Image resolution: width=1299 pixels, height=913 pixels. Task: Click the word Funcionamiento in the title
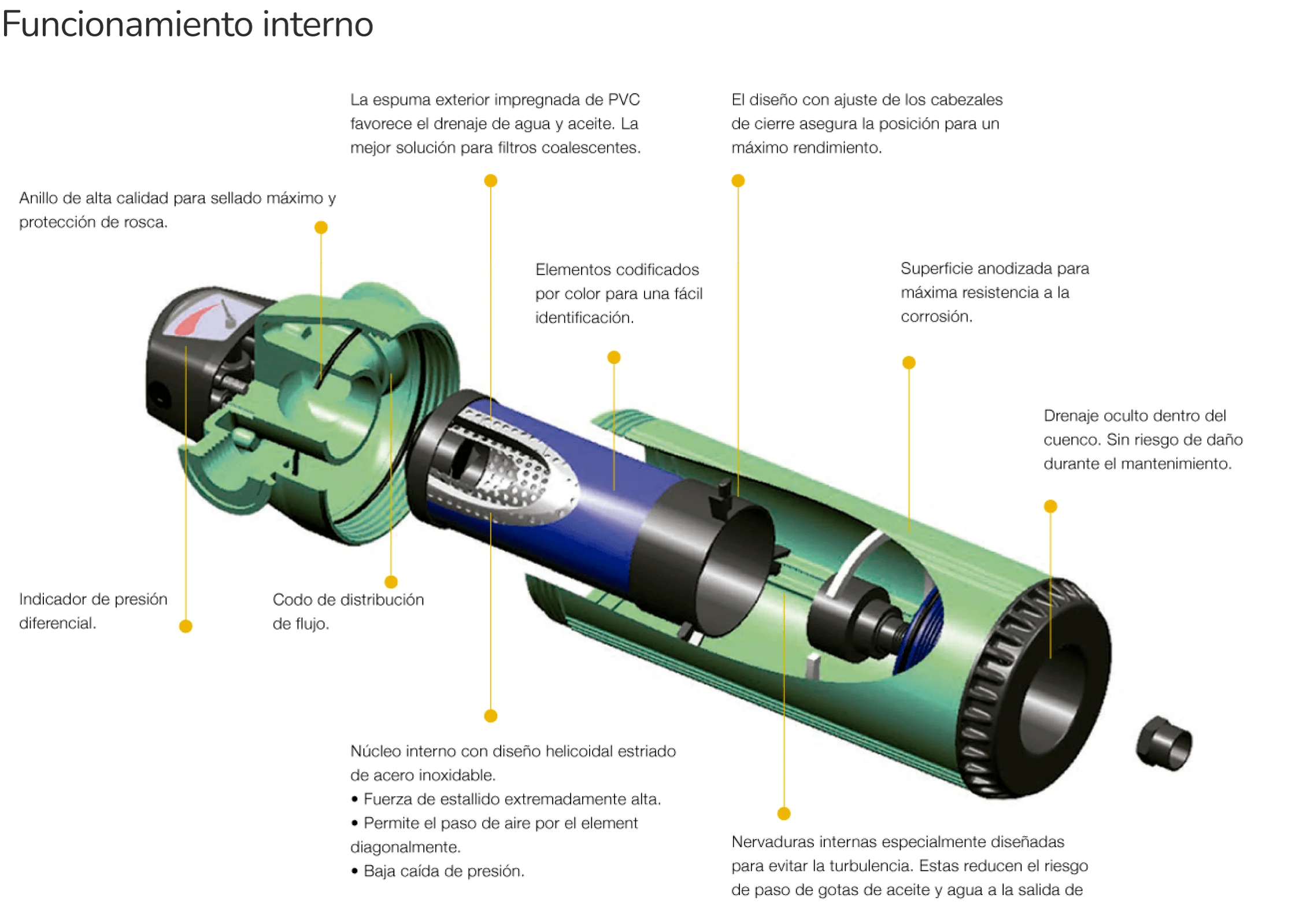click(127, 24)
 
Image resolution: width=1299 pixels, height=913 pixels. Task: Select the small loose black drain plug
click(1164, 743)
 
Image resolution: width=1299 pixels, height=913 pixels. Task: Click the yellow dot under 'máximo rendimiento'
click(738, 181)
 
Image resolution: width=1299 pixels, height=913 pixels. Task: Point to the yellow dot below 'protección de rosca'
click(321, 228)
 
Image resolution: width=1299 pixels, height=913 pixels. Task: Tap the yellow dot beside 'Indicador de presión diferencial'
click(186, 626)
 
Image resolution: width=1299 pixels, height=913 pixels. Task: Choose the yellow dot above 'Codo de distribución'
click(391, 582)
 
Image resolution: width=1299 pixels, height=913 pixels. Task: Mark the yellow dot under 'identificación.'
click(614, 358)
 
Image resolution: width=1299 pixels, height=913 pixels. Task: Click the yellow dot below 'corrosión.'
click(909, 363)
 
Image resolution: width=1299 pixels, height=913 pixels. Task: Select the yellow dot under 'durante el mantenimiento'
click(1050, 507)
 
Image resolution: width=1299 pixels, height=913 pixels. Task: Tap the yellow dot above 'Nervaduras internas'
click(784, 814)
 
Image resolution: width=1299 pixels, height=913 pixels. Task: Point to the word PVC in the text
click(624, 99)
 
